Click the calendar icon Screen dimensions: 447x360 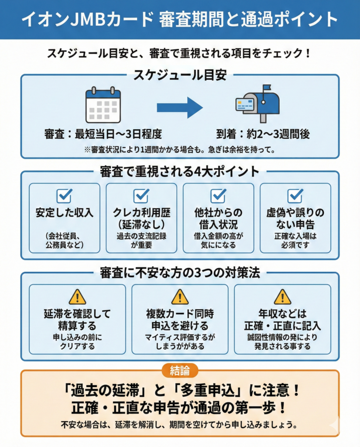tap(103, 105)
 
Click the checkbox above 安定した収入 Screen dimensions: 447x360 tap(65, 196)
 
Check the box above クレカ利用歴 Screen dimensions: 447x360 tap(141, 196)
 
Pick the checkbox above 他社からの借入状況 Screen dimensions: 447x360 tap(218, 196)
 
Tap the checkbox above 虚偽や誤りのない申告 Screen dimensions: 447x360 tap(295, 196)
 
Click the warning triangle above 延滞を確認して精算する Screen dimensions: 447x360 tap(77, 297)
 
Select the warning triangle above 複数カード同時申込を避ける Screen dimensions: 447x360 tap(180, 297)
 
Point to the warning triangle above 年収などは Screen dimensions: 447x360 tap(282, 297)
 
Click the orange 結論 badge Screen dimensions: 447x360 tap(180, 371)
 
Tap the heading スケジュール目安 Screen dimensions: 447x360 tap(180, 75)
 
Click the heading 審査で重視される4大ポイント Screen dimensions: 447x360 tap(180, 171)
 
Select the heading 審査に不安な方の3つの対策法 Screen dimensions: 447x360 tap(180, 273)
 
